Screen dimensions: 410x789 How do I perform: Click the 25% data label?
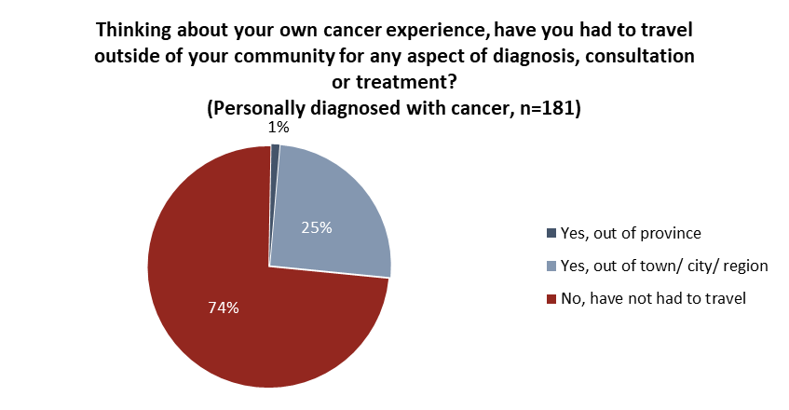click(317, 226)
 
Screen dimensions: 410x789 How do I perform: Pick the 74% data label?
click(224, 307)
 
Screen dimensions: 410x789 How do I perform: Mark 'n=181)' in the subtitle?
click(549, 107)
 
